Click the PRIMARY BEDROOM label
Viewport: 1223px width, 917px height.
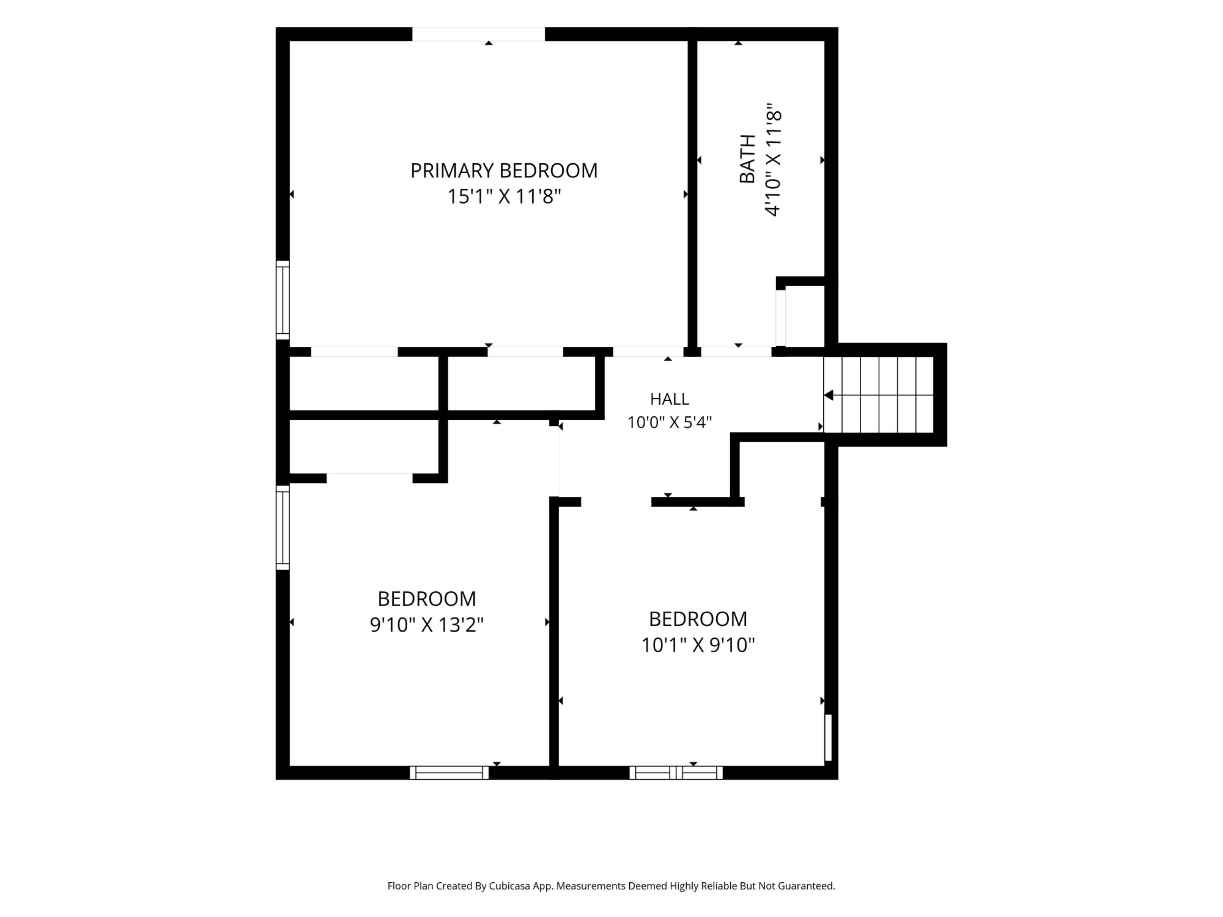504,170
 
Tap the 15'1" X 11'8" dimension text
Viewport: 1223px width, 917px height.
504,196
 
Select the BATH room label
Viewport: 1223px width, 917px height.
747,159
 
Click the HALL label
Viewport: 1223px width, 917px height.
669,399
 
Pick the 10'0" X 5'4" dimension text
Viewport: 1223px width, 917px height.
669,422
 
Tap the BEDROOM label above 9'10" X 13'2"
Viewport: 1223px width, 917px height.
426,599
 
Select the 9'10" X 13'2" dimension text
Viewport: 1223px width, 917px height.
426,625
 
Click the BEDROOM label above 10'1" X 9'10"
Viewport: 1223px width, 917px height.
698,619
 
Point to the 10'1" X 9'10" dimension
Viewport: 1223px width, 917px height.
698,645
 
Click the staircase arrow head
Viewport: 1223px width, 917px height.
828,395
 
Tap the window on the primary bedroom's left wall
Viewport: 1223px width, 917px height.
283,300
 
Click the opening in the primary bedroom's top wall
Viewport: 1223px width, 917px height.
478,34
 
